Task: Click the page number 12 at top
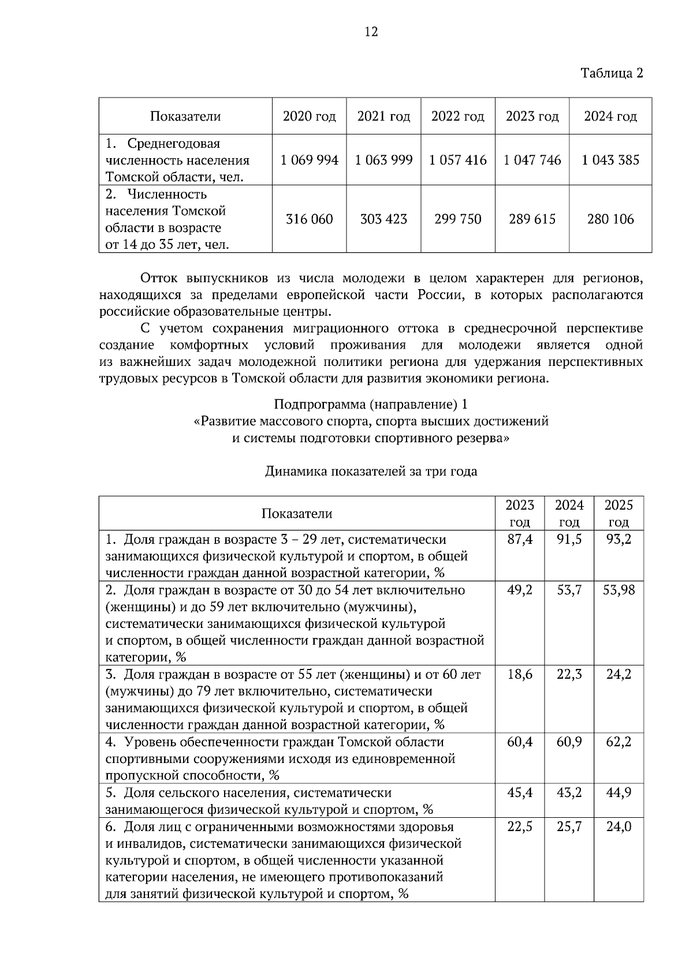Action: [371, 32]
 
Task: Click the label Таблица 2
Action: [612, 73]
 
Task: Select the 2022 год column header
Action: [457, 117]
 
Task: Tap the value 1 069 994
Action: [310, 160]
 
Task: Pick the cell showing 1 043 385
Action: [610, 160]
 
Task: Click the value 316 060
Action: [310, 219]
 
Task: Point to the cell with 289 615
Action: [532, 219]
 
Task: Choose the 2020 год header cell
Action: [310, 117]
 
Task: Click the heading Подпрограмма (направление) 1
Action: [371, 404]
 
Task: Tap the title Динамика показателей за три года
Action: [371, 472]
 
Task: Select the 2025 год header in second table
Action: [619, 514]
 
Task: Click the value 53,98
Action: [619, 590]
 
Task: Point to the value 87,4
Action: [520, 540]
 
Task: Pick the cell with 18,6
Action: [520, 674]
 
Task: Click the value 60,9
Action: [569, 742]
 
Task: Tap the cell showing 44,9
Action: [619, 792]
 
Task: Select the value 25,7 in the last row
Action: [569, 826]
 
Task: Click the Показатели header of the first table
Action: [185, 117]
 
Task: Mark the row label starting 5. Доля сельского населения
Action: [269, 801]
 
